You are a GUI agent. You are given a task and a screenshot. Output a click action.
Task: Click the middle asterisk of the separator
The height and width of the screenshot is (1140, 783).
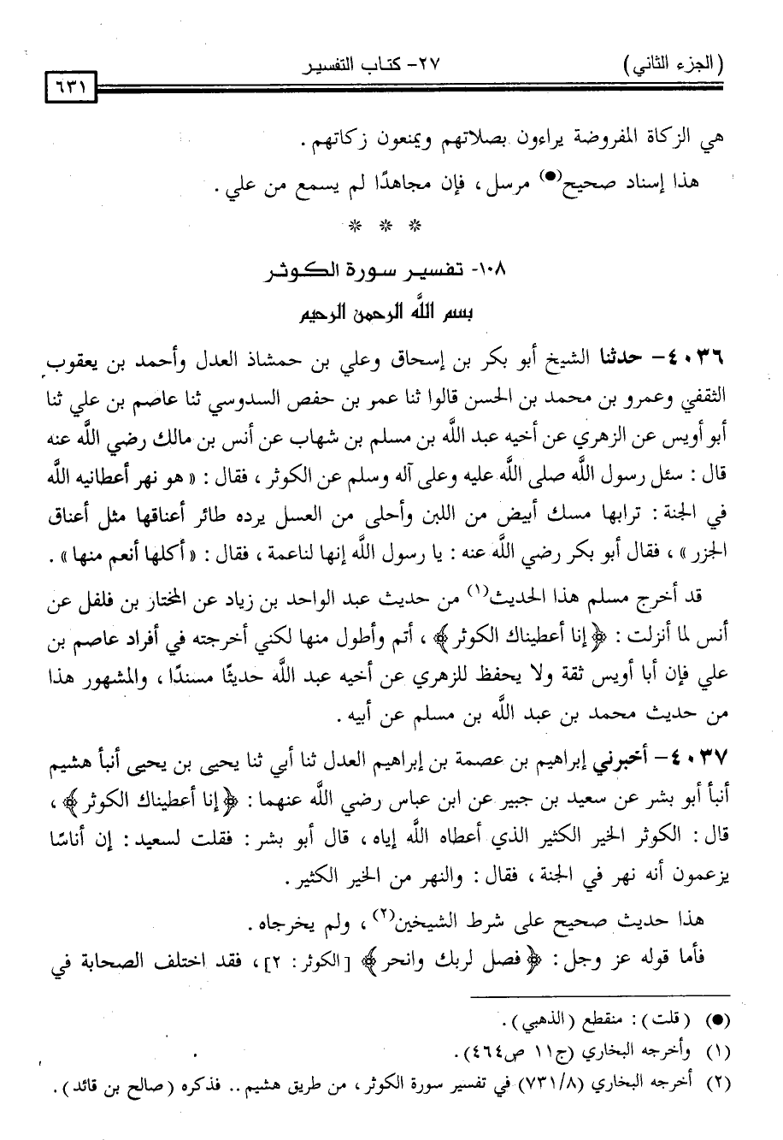coord(386,227)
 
